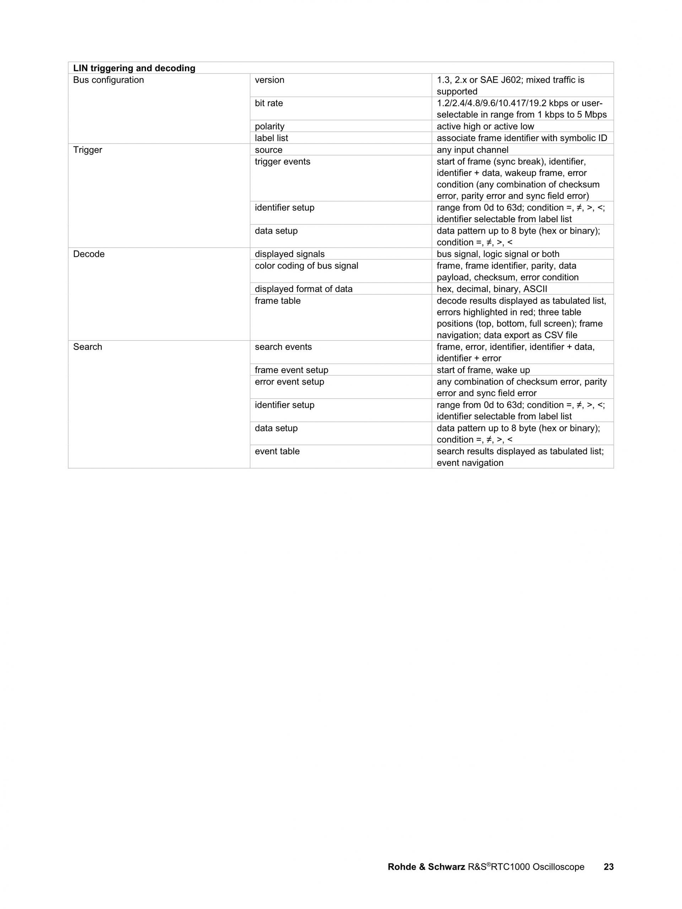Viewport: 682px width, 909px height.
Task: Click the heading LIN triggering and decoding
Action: (134, 68)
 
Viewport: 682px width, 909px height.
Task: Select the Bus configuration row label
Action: (108, 80)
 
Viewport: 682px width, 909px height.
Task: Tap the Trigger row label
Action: (87, 150)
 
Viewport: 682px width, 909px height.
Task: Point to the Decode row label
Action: (89, 254)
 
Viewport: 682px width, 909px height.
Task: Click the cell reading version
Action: (270, 80)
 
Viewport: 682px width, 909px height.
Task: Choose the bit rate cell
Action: (269, 103)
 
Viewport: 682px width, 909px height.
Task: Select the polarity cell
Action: (270, 126)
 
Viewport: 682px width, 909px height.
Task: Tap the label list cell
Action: (271, 138)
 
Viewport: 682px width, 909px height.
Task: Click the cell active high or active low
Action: (485, 126)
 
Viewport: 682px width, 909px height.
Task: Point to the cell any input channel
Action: (472, 150)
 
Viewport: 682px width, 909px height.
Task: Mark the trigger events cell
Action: (283, 162)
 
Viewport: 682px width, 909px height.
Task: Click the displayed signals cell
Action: (289, 254)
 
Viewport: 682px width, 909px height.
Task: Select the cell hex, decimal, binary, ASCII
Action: (492, 289)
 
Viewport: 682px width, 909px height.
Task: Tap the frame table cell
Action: (278, 301)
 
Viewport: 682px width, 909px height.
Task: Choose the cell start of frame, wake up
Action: (483, 370)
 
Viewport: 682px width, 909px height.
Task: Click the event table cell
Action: (277, 451)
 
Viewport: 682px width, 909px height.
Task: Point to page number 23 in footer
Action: (608, 867)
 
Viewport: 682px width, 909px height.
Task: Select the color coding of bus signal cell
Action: (307, 266)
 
